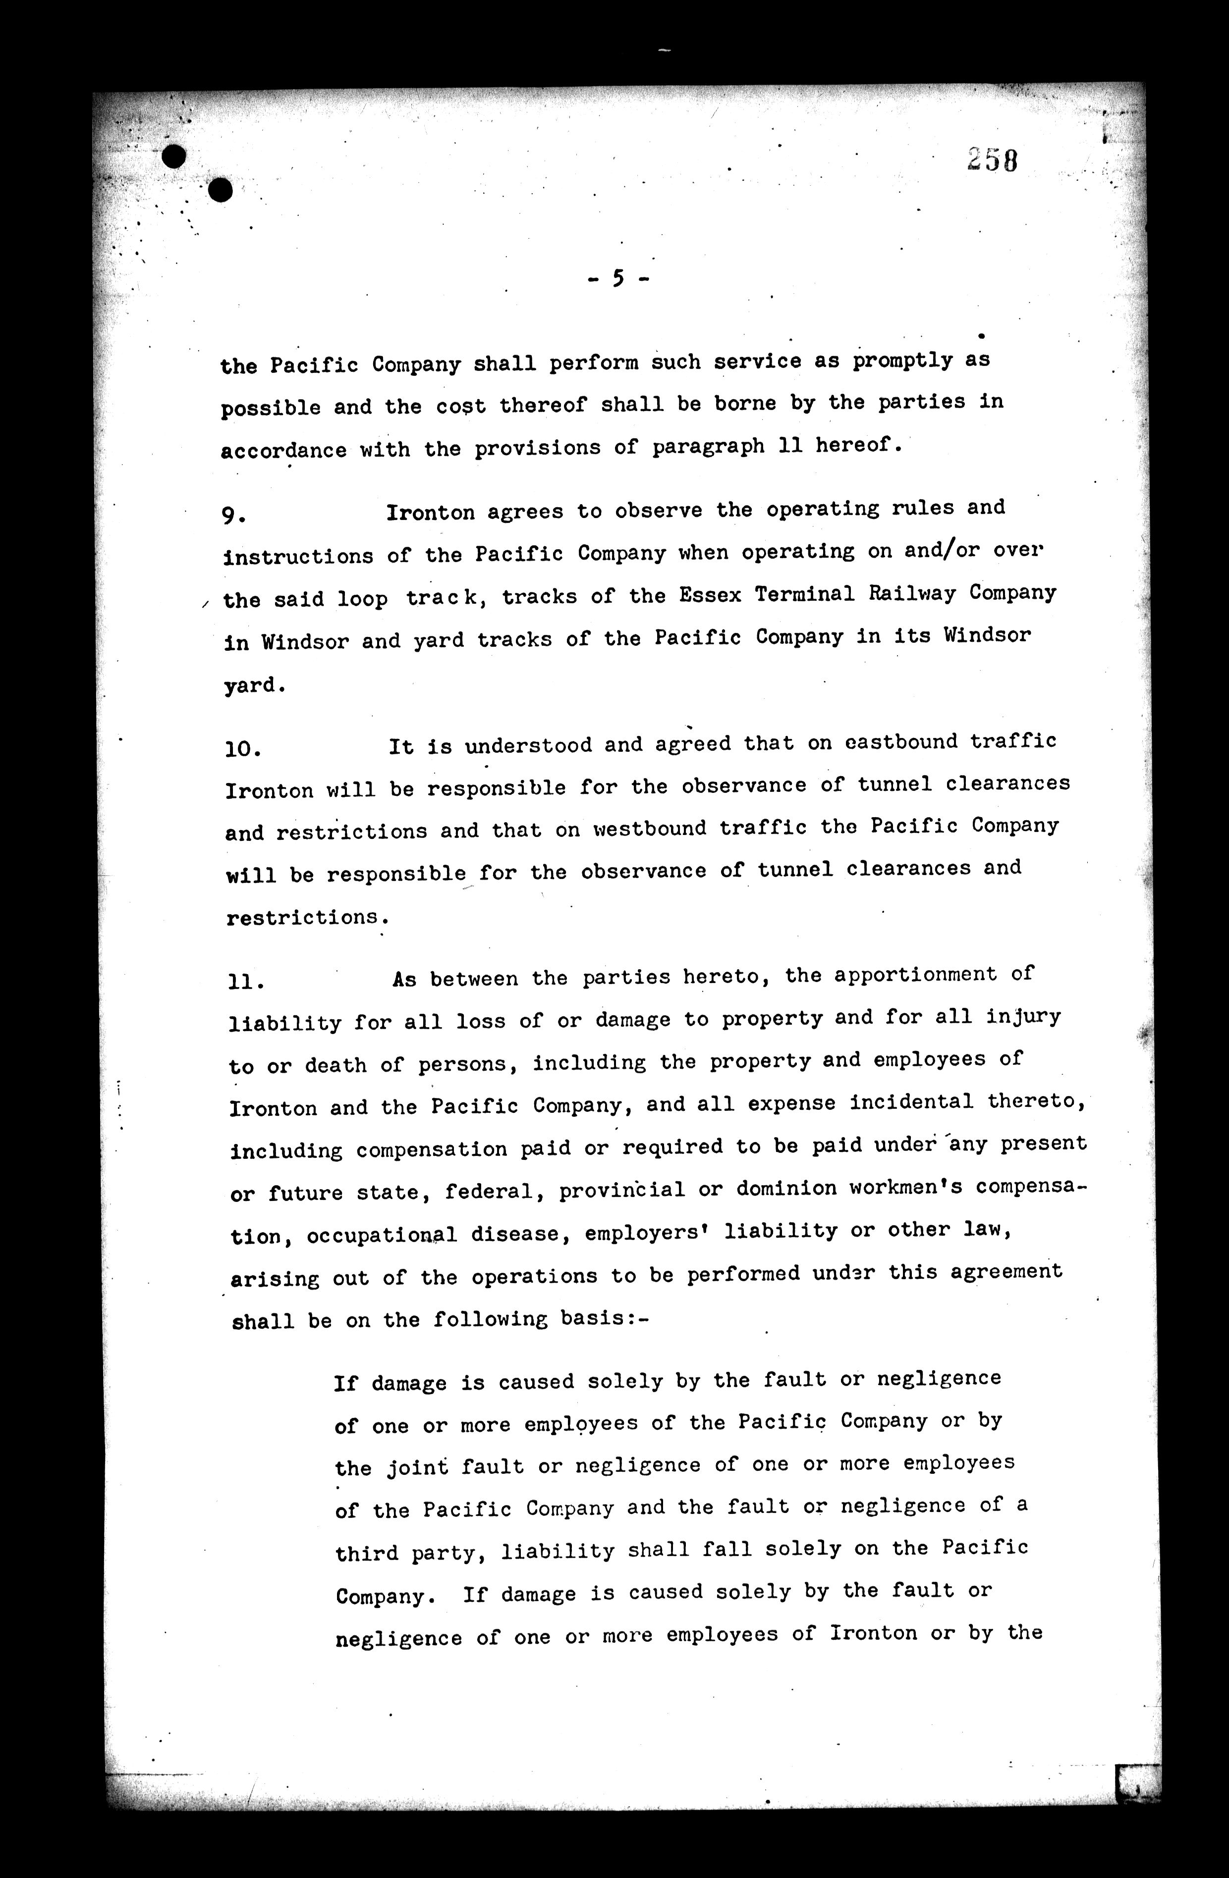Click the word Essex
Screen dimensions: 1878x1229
710,595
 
